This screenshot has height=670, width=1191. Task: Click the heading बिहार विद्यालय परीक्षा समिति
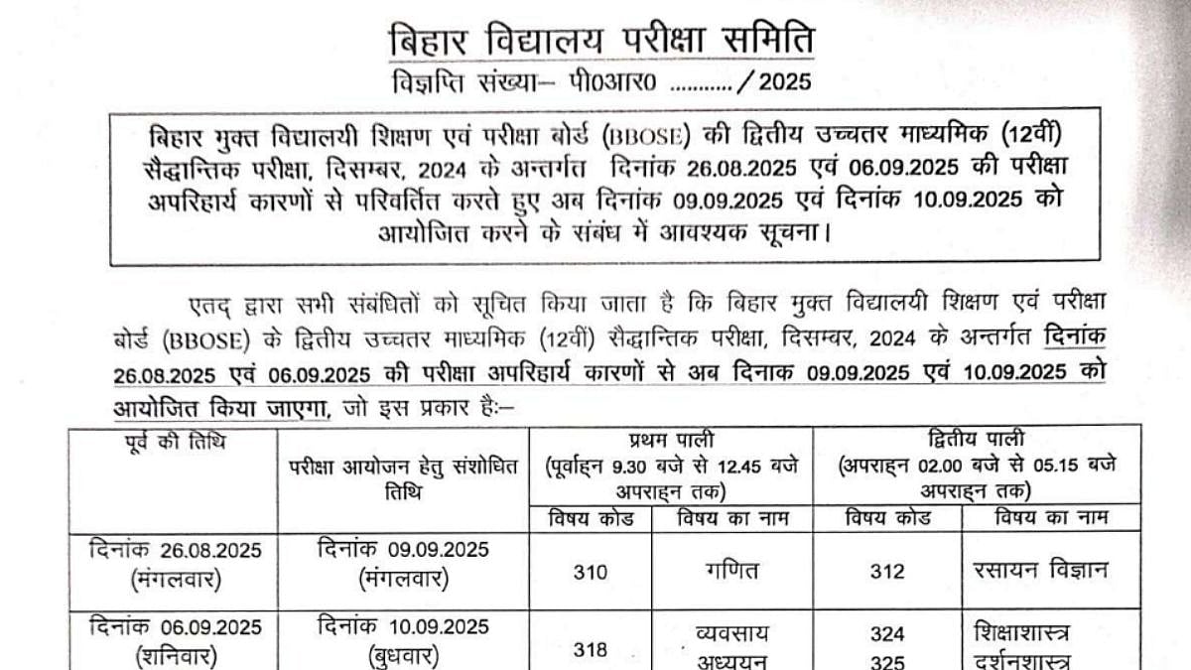(600, 42)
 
